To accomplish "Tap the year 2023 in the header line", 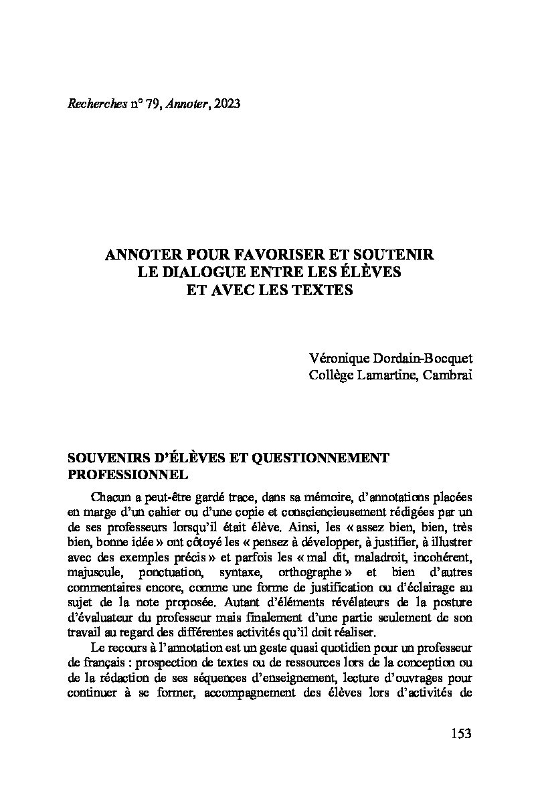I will coord(224,104).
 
